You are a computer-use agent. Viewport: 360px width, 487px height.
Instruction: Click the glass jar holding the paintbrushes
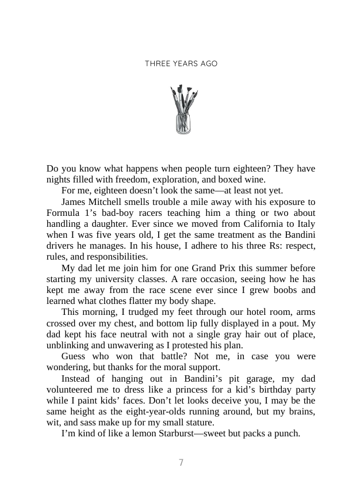coord(183,123)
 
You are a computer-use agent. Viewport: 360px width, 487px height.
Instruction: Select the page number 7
coord(181,462)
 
